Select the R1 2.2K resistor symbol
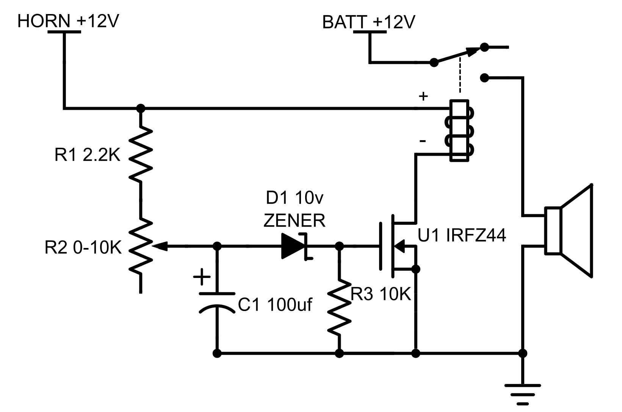(141, 154)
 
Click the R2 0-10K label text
(83, 248)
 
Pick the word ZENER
(295, 221)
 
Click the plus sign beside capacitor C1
(202, 277)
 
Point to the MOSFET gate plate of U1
(380, 246)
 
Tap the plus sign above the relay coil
(423, 96)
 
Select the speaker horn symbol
(569, 230)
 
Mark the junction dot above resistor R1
(141, 109)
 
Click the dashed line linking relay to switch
(460, 74)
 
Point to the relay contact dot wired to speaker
(484, 78)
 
